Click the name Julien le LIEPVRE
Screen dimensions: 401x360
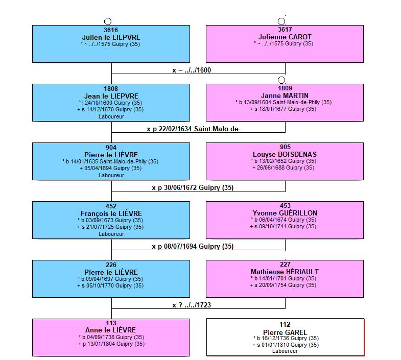click(111, 37)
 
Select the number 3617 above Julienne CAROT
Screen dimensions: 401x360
click(285, 30)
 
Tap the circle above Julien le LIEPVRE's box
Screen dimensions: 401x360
click(108, 21)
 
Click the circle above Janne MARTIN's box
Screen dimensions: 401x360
click(281, 80)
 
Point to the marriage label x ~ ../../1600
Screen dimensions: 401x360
click(192, 70)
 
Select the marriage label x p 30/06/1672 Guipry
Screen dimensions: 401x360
click(193, 188)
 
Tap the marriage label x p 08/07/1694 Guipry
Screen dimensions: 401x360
click(193, 247)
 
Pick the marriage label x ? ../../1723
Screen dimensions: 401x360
click(192, 305)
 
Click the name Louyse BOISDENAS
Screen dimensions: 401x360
click(285, 154)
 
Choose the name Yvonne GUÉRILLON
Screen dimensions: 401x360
click(285, 213)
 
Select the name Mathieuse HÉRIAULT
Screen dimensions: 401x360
click(285, 272)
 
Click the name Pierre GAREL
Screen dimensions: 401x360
click(285, 332)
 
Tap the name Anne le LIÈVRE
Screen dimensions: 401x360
click(110, 330)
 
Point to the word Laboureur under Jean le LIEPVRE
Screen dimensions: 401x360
click(111, 116)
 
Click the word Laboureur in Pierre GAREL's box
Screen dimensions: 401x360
click(285, 351)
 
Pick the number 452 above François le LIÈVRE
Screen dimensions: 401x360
click(111, 206)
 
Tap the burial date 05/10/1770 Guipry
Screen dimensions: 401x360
click(110, 285)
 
